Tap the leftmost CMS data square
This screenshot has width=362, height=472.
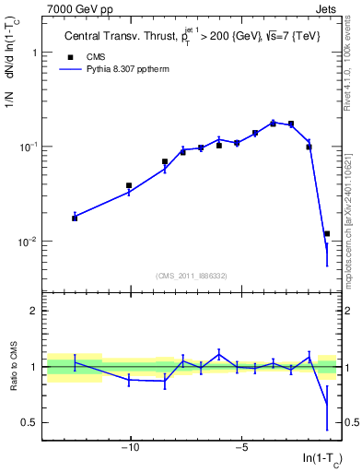click(x=75, y=218)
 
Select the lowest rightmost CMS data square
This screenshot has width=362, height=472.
click(x=327, y=234)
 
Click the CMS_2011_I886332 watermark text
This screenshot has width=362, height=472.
click(x=193, y=275)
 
